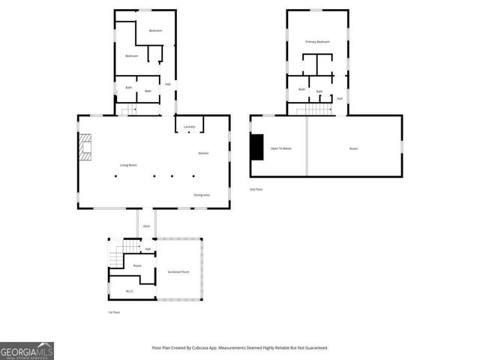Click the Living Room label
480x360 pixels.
tap(128, 165)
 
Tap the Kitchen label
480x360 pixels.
tap(203, 153)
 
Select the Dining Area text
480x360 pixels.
tap(202, 195)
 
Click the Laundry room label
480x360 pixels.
tap(189, 127)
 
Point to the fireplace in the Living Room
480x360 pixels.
tap(86, 147)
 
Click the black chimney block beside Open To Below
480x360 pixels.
tap(257, 147)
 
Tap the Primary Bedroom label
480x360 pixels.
tap(318, 42)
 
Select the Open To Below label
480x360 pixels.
tap(281, 148)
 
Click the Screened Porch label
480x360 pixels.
tap(178, 271)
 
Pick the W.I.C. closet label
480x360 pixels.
tap(130, 291)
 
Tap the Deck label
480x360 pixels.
tap(147, 226)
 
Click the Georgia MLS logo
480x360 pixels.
tap(27, 351)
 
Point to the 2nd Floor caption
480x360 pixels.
tap(256, 189)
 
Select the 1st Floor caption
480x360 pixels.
tap(114, 312)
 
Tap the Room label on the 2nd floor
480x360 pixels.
tap(353, 148)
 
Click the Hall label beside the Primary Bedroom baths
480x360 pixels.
tap(340, 98)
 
